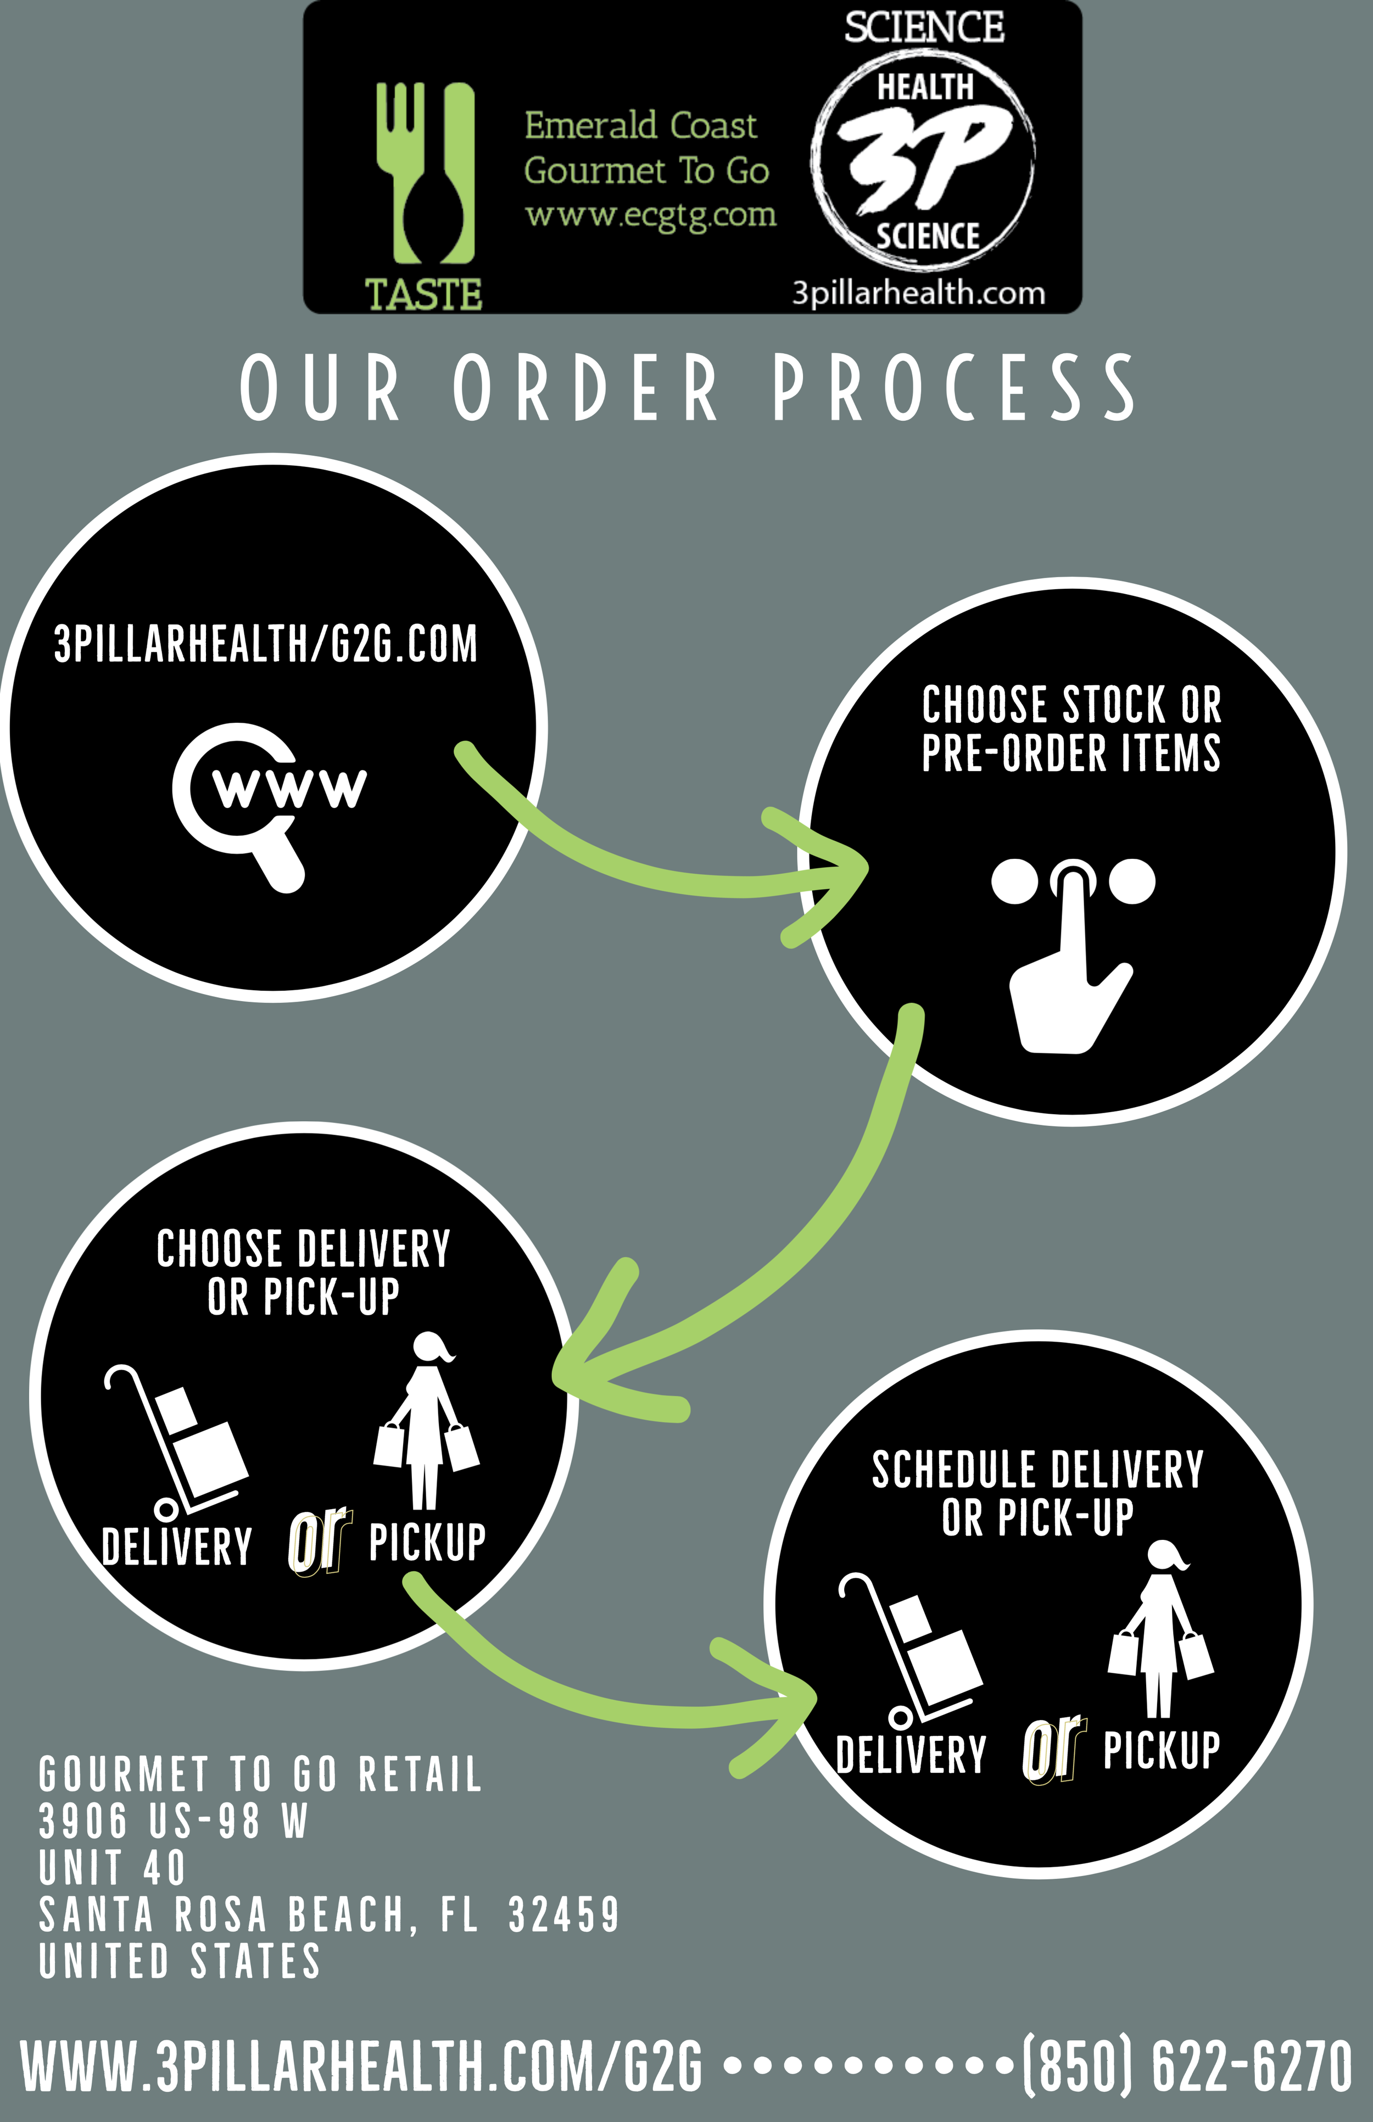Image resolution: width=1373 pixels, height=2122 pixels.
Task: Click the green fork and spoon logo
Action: (x=425, y=174)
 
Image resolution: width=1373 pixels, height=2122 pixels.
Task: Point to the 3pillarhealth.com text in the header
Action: (x=918, y=293)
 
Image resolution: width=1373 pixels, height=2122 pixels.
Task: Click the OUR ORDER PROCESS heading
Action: (x=686, y=387)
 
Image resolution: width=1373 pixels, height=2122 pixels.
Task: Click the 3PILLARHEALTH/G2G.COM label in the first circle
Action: (x=266, y=644)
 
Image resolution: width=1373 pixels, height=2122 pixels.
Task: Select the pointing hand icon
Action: (x=1073, y=958)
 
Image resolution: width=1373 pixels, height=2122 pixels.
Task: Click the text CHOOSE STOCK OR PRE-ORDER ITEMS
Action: (x=1071, y=728)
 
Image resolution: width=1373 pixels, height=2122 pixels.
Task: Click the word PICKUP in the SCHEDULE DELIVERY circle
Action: (x=1161, y=1750)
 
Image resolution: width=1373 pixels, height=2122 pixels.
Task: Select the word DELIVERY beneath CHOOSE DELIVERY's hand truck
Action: (x=176, y=1547)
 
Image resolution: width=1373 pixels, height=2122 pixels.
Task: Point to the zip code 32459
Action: (x=563, y=1915)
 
